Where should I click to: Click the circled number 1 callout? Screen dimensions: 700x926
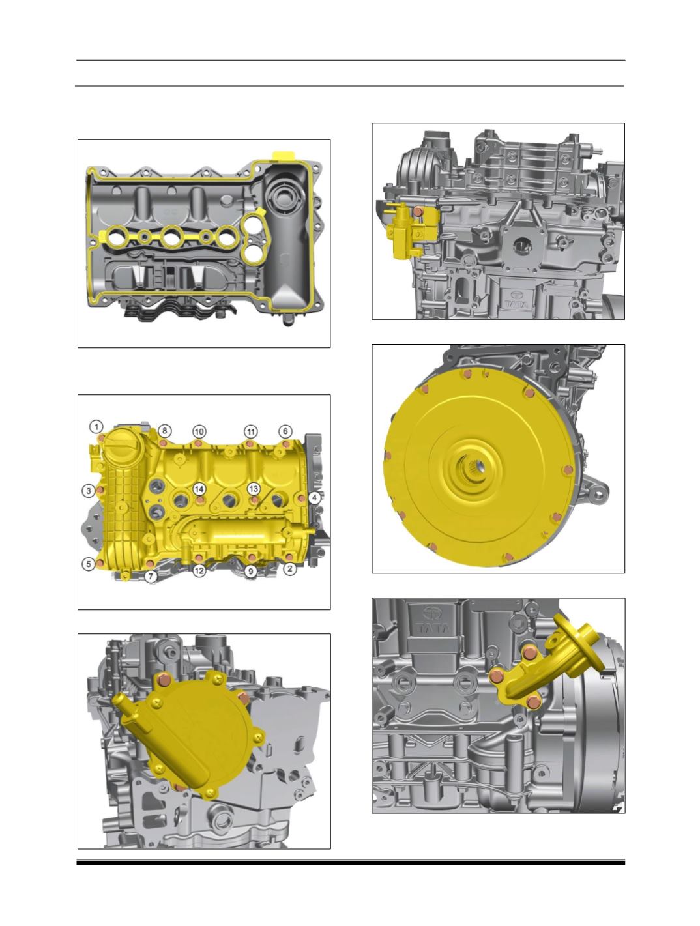pyautogui.click(x=96, y=427)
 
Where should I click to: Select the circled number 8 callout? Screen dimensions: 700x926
pyautogui.click(x=164, y=431)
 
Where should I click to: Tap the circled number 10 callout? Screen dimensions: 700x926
pyautogui.click(x=199, y=431)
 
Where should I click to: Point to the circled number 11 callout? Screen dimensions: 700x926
pyautogui.click(x=251, y=431)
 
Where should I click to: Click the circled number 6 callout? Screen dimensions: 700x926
pyautogui.click(x=285, y=431)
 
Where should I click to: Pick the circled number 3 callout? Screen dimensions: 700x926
pyautogui.click(x=89, y=491)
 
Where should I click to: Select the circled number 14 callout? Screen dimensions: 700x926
pyautogui.click(x=199, y=489)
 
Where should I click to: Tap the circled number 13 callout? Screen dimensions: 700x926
pyautogui.click(x=253, y=489)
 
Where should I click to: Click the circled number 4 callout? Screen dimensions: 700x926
pyautogui.click(x=314, y=498)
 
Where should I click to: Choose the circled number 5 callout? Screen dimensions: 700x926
pyautogui.click(x=89, y=564)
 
